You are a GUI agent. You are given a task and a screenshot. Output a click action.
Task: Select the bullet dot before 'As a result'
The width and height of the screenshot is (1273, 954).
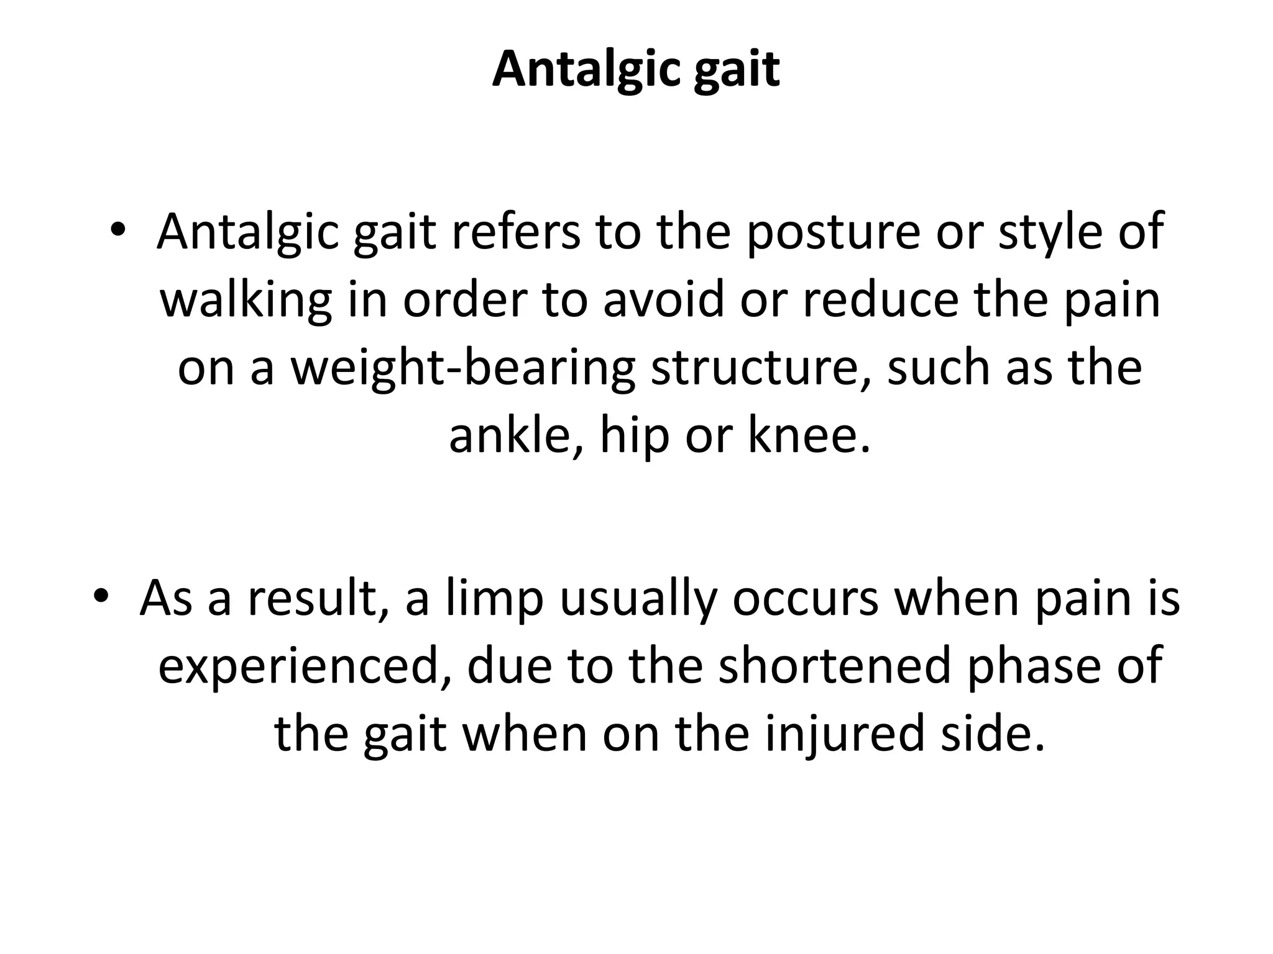[101, 598]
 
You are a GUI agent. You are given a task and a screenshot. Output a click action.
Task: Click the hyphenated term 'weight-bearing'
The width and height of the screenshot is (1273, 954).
[463, 368]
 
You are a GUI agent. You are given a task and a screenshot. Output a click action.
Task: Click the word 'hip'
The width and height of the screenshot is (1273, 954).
[634, 436]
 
